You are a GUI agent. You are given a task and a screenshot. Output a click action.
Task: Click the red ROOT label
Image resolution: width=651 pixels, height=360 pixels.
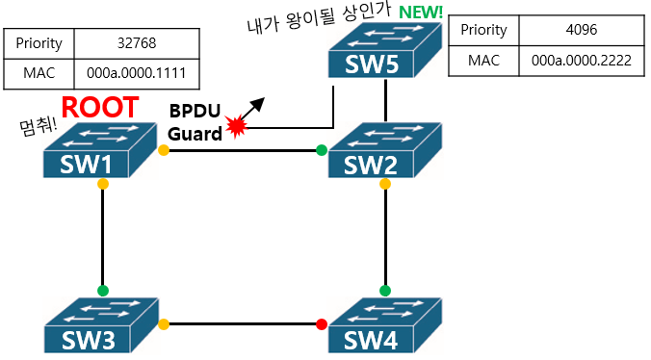[101, 108]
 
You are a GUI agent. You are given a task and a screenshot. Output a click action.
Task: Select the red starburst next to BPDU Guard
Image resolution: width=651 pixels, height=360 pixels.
[236, 125]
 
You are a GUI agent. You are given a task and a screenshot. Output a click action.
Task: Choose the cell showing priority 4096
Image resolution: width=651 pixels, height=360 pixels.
[582, 30]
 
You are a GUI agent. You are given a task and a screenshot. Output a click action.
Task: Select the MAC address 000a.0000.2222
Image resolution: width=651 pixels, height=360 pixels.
[582, 60]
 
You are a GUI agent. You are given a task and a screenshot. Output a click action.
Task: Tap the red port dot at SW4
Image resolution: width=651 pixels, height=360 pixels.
[322, 324]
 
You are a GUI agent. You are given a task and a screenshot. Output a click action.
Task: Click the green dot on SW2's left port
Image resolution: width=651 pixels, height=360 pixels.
[322, 150]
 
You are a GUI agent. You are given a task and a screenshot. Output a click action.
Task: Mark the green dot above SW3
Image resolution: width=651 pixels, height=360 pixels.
[102, 290]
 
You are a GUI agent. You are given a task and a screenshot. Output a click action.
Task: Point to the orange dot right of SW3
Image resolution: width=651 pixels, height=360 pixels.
[164, 324]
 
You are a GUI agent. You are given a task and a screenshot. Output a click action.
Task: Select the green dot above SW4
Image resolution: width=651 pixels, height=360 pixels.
[385, 290]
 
